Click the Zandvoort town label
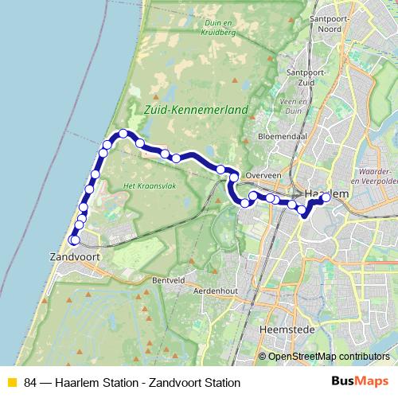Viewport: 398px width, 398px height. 72,257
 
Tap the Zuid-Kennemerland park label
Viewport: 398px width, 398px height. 194,109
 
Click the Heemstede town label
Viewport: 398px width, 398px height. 283,328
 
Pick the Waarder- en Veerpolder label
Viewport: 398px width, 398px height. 377,175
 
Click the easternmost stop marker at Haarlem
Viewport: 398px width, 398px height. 326,197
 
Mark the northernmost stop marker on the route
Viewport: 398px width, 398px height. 123,134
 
